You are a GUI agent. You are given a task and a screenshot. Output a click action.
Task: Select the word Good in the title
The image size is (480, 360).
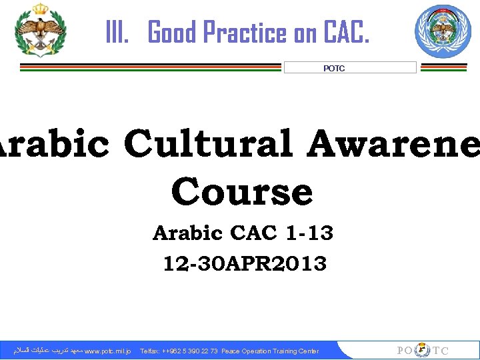[171, 31]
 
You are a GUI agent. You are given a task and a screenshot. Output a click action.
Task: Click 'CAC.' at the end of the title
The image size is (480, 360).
[345, 31]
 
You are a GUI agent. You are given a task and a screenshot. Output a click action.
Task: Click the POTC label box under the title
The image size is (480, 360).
[349, 68]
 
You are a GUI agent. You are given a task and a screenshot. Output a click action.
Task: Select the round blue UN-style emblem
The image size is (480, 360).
[443, 31]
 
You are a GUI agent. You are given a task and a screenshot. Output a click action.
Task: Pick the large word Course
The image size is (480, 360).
[241, 192]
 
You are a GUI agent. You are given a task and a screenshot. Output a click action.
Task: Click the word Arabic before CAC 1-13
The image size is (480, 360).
[187, 233]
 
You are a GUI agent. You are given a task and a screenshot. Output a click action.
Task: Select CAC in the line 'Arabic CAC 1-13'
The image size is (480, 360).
[254, 233]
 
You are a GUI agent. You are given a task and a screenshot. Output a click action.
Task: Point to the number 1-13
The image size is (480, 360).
[309, 233]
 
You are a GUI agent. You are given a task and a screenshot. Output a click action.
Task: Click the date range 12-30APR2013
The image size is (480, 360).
[245, 264]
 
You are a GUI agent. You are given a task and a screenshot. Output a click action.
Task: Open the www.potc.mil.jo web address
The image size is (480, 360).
[108, 351]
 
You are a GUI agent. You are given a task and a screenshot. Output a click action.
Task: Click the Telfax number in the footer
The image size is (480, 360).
[179, 351]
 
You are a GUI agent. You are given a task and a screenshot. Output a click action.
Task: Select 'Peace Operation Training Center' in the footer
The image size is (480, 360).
[270, 351]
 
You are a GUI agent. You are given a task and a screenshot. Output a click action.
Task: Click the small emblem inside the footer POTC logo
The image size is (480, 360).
[422, 350]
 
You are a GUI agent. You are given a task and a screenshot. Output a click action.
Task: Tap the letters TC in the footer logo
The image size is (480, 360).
[441, 351]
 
